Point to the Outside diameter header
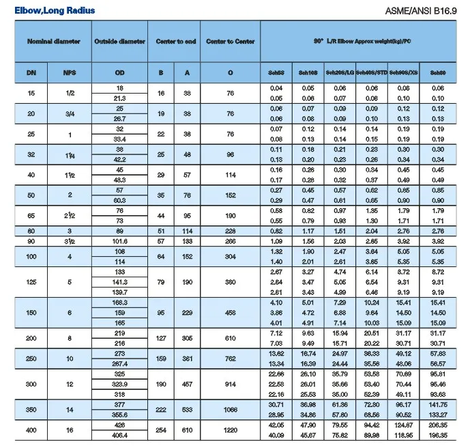click(x=119, y=41)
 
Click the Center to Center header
click(x=231, y=41)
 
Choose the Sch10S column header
click(x=308, y=72)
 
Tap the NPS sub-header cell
click(x=70, y=72)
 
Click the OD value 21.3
click(x=119, y=98)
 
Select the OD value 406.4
click(x=119, y=435)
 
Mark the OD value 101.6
click(x=119, y=241)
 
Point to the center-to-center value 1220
click(x=231, y=430)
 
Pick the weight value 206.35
click(x=437, y=425)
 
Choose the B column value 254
click(x=161, y=430)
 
